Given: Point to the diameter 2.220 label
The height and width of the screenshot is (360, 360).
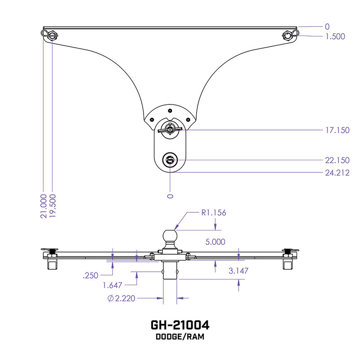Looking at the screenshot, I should [x=121, y=298].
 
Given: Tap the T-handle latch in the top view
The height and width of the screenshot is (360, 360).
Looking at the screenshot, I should [x=170, y=129].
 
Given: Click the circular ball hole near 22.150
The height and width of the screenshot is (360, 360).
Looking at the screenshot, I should [x=170, y=159].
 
